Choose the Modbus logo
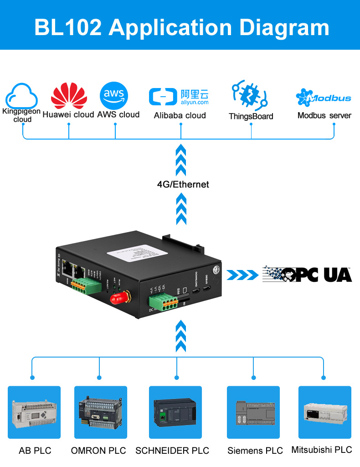click(x=324, y=97)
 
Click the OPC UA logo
click(x=307, y=274)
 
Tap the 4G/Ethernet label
click(x=183, y=184)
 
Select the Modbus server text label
click(x=324, y=115)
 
